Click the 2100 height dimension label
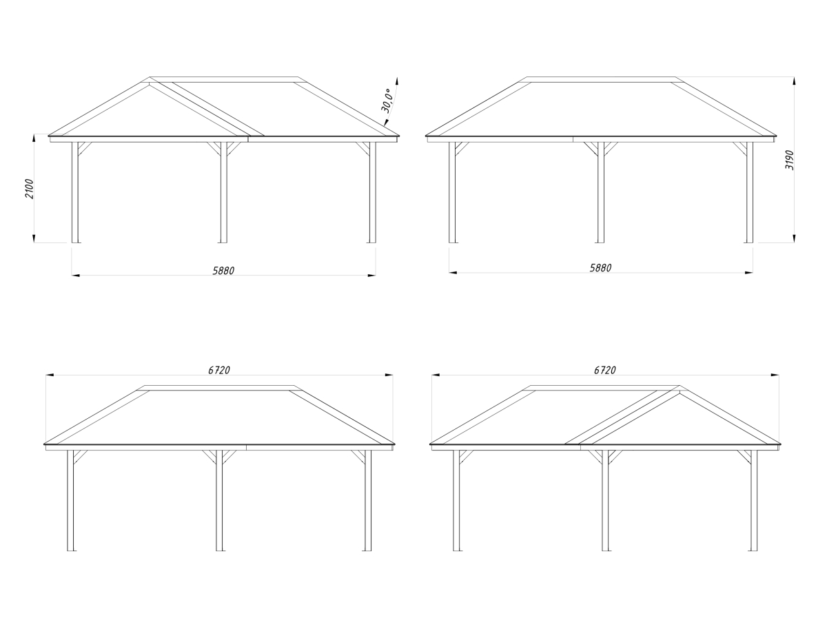(30, 189)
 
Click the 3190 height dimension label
(789, 160)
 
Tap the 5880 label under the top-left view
(223, 271)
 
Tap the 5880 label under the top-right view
(600, 268)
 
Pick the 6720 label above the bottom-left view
(219, 371)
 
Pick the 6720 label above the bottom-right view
(604, 371)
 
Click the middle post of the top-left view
(224, 192)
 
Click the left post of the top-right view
(452, 192)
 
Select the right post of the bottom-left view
(368, 501)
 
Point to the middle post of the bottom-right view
(605, 501)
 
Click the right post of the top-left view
(373, 192)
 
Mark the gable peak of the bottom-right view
(680, 386)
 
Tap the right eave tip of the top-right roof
(777, 136)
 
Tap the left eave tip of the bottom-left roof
(44, 444)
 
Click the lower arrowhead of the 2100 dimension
(34, 238)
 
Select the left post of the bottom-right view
(456, 501)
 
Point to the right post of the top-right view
(750, 192)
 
